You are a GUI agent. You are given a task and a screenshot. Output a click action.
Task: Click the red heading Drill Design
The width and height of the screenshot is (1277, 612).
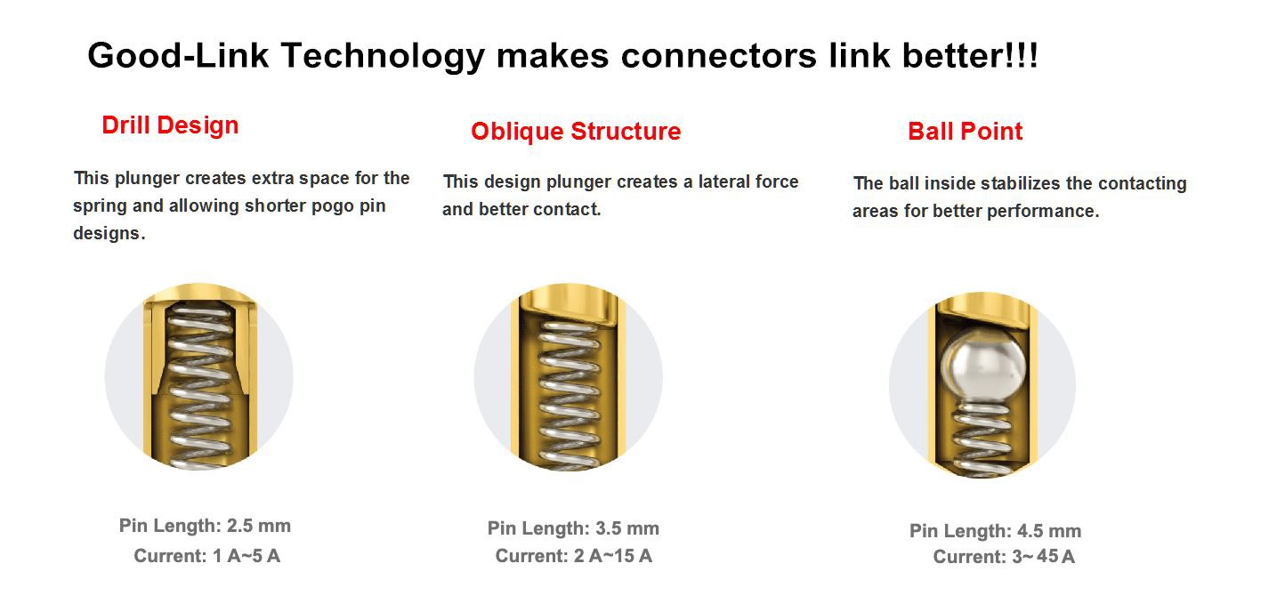coord(170,125)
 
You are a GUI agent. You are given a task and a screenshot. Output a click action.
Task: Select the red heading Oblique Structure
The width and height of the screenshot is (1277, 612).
coord(576,132)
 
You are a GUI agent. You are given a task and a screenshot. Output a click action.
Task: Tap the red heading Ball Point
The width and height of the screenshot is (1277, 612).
coord(965,132)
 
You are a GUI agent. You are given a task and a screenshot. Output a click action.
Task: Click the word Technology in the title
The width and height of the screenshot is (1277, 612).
coord(383,56)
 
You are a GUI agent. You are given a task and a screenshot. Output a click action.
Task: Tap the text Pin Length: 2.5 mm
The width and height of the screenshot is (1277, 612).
coord(205,526)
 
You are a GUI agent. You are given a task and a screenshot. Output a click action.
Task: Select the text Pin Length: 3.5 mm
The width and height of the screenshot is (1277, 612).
coord(573,528)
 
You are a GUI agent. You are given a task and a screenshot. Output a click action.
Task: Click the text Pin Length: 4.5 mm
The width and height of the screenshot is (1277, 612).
coord(995,531)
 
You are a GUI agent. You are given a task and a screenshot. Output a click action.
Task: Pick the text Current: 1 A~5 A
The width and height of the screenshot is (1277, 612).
coord(206,556)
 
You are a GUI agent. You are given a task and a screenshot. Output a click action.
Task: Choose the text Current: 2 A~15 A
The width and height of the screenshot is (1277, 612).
coord(573,556)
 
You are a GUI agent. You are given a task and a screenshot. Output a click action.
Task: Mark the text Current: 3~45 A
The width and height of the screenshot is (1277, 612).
coord(1003,557)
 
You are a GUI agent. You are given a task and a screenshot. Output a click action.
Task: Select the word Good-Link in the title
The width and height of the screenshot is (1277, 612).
coord(178,56)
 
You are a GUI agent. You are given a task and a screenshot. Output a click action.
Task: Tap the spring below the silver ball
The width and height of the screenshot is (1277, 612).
coord(981,436)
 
